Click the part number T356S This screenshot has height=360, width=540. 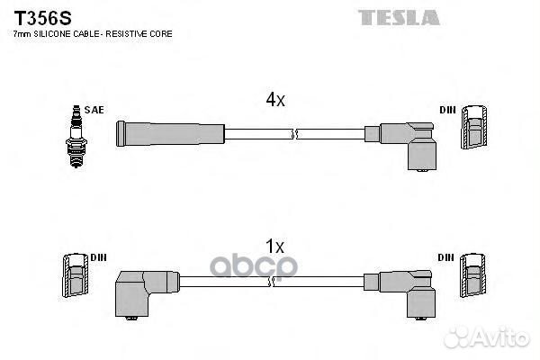42,18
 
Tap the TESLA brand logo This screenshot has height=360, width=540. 399,18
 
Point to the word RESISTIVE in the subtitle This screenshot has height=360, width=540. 126,34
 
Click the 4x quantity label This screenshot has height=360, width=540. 275,100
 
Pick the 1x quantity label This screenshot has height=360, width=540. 274,247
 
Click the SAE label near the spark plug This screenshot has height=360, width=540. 94,110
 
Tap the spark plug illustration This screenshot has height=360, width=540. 76,137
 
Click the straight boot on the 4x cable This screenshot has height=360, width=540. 170,134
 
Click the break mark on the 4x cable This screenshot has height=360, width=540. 294,134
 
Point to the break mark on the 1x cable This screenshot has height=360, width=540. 272,282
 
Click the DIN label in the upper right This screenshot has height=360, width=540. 447,110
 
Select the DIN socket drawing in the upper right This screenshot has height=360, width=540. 474,127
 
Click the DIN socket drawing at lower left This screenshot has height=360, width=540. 76,274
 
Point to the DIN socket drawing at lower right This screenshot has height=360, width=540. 473,274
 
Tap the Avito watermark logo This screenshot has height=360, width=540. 486,337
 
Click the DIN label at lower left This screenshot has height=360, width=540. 98,257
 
